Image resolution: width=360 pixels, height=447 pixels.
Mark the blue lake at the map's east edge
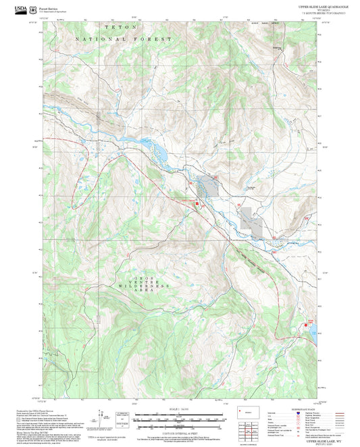pyautogui.click(x=313, y=329)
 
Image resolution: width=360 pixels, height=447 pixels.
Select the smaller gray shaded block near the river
pyautogui.click(x=212, y=186)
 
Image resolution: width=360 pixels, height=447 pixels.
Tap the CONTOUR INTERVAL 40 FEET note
pyautogui.click(x=179, y=433)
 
